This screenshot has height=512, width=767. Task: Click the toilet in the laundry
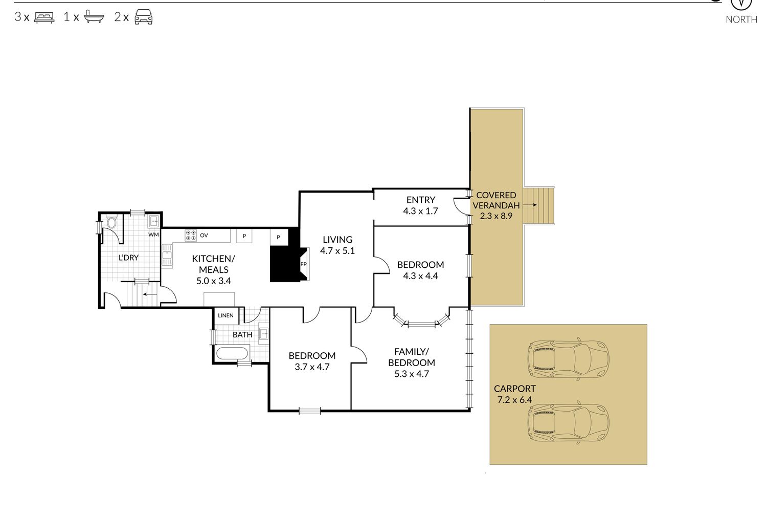point(111,222)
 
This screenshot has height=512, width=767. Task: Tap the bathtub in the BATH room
point(232,353)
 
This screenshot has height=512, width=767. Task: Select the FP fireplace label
point(303,264)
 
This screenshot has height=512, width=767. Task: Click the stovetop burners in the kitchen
point(191,235)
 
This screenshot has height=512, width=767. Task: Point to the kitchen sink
point(167,255)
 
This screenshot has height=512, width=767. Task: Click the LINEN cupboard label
point(225,315)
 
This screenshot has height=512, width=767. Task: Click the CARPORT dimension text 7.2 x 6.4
point(514,400)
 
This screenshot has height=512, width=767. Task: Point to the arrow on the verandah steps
point(530,205)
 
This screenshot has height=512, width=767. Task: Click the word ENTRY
point(421,200)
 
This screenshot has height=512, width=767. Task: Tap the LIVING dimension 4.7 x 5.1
point(337,251)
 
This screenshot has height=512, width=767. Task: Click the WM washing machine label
point(153,234)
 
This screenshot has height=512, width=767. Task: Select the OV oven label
point(204,235)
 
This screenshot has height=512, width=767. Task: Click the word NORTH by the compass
point(741,19)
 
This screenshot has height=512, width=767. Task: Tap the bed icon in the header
point(44,17)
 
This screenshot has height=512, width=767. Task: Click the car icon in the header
point(144,17)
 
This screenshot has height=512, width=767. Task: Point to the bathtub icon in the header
point(94,16)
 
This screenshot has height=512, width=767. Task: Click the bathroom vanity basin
point(263,333)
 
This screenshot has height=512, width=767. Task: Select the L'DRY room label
point(128,258)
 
